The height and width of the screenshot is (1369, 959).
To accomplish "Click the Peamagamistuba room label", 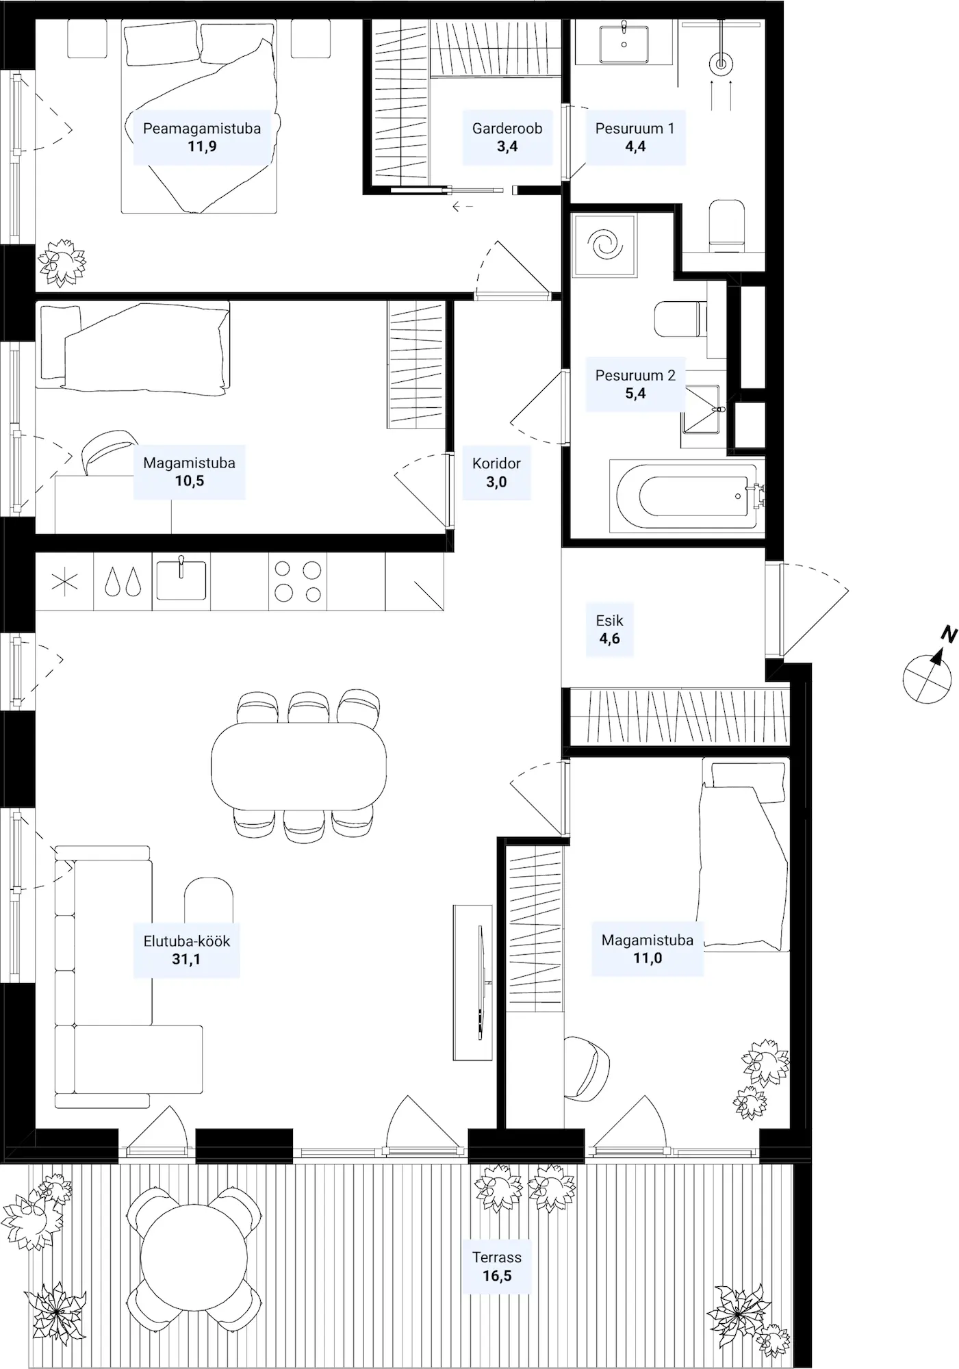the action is pos(202,128).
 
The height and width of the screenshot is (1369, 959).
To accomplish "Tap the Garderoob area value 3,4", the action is pos(507,146).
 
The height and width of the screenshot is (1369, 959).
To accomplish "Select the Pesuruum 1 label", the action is pos(635,128).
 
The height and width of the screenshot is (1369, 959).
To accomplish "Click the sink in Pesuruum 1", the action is pos(624,44).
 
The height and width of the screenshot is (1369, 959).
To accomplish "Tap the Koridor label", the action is pos(496,463).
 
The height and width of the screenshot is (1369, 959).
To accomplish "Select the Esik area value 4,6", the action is pos(610,639).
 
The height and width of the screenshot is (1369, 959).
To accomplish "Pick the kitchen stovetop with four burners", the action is pos(298,581).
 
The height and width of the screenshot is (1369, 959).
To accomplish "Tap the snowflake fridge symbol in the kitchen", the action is pos(65,582).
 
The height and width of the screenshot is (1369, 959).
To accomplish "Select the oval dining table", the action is pos(298,766).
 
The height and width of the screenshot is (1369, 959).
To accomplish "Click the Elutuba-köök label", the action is pos(187,941).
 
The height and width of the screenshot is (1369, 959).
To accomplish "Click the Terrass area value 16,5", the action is pos(497,1276).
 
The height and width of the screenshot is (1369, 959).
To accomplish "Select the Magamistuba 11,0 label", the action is pos(648,949).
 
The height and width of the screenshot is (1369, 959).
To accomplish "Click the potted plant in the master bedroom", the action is pos(62,261).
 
